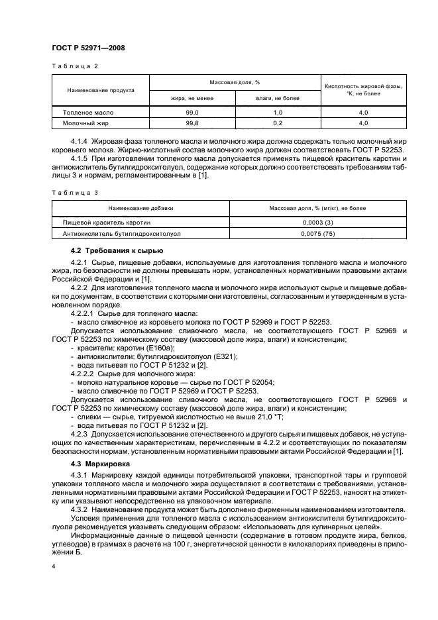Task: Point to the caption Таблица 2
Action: [74, 66]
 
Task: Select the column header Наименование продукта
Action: [101, 90]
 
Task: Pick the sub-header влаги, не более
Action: [278, 98]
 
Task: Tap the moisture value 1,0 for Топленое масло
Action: [278, 113]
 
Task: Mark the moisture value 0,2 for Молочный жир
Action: [278, 123]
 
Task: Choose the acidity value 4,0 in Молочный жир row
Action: [363, 123]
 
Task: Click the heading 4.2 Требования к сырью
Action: [111, 250]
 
